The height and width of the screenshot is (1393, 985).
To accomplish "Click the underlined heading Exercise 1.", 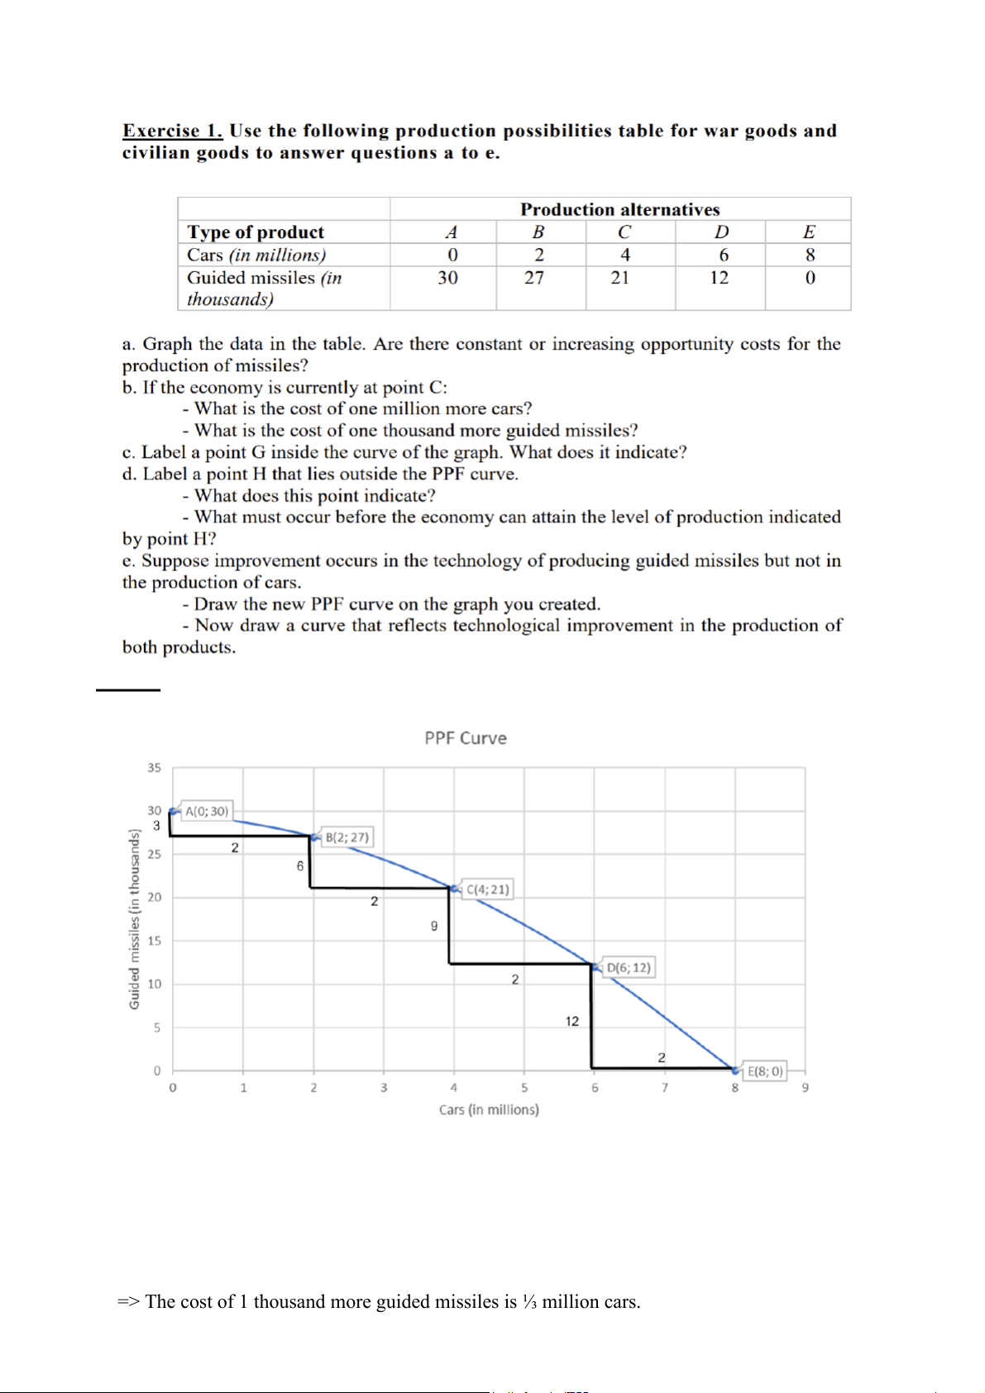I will [x=172, y=131].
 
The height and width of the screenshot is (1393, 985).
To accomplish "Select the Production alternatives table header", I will [x=619, y=209].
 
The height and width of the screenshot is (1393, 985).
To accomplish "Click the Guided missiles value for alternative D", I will [x=720, y=278].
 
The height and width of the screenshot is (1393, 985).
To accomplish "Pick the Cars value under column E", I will [x=810, y=255].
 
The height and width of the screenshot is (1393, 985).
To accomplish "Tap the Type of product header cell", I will [x=256, y=232].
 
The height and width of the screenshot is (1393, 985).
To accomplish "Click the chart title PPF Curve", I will [x=466, y=738].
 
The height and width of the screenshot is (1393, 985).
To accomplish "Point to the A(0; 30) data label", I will [x=206, y=811].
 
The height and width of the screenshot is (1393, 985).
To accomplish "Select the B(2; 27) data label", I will [x=347, y=837].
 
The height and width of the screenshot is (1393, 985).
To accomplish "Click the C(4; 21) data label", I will [x=488, y=890].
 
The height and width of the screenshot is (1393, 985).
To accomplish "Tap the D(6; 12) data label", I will [x=629, y=967].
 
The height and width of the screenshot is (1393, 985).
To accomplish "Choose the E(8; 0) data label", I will [x=765, y=1071].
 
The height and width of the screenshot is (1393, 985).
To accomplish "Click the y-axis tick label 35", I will [x=154, y=768].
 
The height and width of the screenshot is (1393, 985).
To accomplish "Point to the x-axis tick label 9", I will [x=805, y=1088].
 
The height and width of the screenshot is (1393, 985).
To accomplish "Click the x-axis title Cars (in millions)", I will [x=489, y=1109].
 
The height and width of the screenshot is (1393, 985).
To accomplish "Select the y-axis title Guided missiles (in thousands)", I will [x=134, y=918].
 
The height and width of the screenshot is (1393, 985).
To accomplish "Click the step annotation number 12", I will [x=572, y=1022].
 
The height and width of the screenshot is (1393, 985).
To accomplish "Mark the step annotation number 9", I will [x=434, y=926].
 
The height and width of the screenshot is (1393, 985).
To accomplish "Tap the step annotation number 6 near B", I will [x=300, y=866].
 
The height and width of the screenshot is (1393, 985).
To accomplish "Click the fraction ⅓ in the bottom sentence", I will [x=529, y=1302].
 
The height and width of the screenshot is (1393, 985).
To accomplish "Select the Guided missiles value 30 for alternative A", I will [x=447, y=278].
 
